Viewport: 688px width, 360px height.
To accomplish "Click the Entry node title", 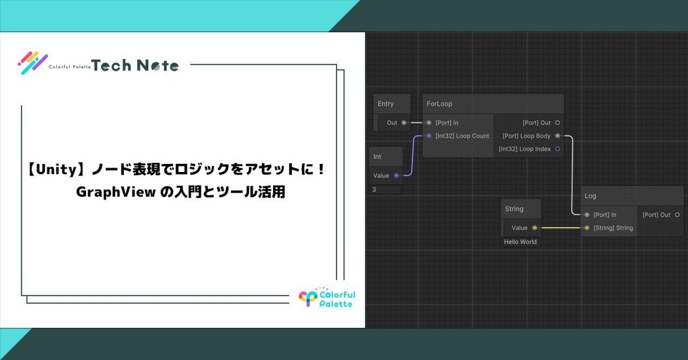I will click(x=386, y=104).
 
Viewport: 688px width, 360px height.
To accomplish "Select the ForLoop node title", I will click(x=440, y=104).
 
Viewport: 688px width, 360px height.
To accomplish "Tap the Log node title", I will click(x=591, y=196).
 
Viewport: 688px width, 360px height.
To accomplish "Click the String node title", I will click(x=514, y=209).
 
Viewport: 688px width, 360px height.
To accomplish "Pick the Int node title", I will click(x=377, y=156).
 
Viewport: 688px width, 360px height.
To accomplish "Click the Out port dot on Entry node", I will click(x=404, y=123).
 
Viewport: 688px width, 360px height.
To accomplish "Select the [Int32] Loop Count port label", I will click(x=462, y=136).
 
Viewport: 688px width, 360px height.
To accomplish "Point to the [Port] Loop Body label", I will click(x=526, y=136).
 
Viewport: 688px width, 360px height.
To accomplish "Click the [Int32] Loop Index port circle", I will click(x=557, y=149).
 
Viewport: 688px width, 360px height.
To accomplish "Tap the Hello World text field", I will click(x=521, y=242).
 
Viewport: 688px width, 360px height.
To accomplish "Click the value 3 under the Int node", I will click(x=375, y=189).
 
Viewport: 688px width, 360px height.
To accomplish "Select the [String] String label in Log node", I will click(x=613, y=228).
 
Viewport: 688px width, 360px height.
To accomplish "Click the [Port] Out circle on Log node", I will click(x=677, y=215).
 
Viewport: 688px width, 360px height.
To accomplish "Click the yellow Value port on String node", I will click(x=534, y=228).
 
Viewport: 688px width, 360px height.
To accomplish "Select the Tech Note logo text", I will click(x=135, y=65).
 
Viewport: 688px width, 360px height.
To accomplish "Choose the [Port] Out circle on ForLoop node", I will click(x=557, y=123).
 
